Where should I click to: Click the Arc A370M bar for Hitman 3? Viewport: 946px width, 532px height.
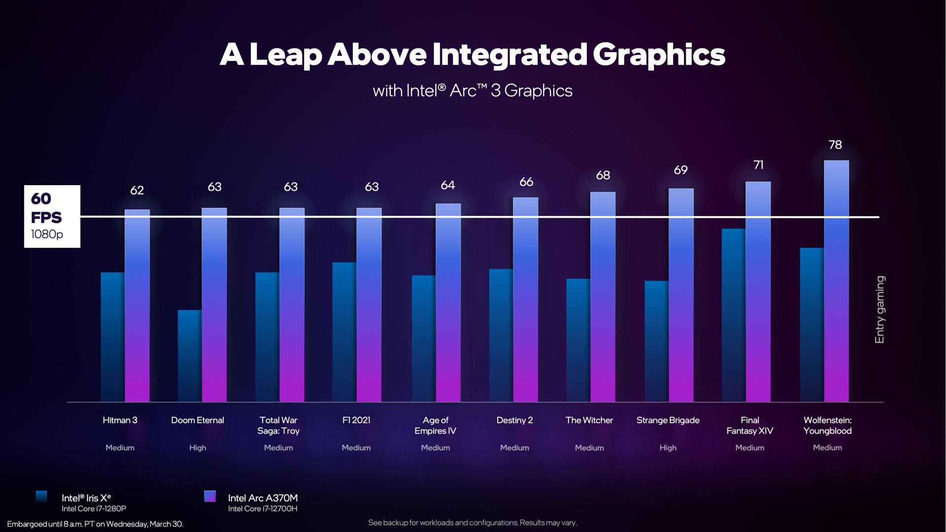[x=137, y=305]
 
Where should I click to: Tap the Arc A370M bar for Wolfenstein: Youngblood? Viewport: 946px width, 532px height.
[x=836, y=281]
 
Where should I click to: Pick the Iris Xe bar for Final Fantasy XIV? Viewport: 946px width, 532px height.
[x=733, y=315]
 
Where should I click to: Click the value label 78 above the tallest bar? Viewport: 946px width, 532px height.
[x=835, y=145]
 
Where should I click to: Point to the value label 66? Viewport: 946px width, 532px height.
[x=526, y=182]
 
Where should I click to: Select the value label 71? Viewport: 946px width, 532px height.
[x=758, y=165]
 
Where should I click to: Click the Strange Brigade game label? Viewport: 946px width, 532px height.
[x=668, y=420]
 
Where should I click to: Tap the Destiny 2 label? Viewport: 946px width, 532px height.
[x=514, y=420]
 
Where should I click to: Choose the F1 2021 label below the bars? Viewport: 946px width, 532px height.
[x=356, y=420]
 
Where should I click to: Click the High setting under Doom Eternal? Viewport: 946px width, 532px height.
[x=198, y=448]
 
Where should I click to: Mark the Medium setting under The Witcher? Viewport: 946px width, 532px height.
[x=589, y=448]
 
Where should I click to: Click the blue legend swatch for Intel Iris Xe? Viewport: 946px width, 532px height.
[x=41, y=496]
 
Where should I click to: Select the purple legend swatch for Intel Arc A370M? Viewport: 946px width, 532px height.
[x=210, y=496]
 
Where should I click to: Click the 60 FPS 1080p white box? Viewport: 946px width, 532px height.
[x=52, y=216]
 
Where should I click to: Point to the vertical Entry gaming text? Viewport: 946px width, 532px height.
[x=879, y=309]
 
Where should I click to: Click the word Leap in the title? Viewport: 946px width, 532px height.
[x=286, y=55]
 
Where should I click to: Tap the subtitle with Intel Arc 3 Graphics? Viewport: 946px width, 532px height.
[x=473, y=91]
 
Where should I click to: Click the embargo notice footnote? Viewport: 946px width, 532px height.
[x=95, y=524]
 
